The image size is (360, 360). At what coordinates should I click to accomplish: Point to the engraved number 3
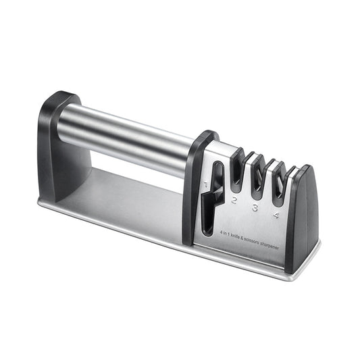click(255, 208)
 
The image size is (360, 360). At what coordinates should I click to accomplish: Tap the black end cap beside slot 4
click(304, 216)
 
